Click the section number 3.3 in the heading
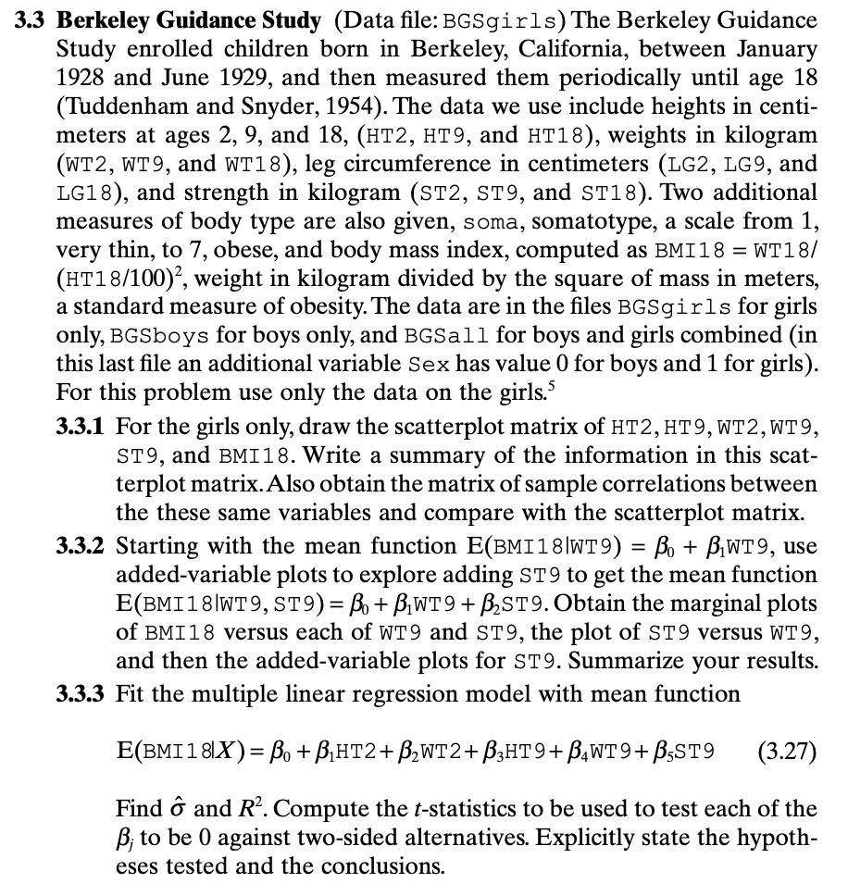click(33, 19)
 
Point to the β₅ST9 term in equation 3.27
click(685, 748)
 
